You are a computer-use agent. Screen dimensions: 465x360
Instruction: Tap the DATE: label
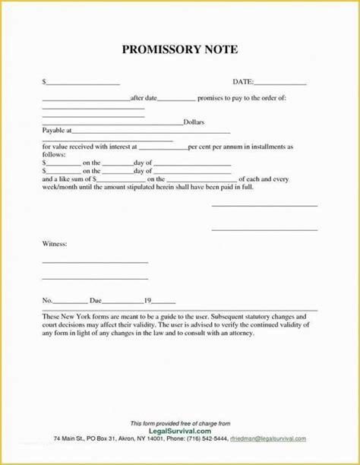242,81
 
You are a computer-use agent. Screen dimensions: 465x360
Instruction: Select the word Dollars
194,122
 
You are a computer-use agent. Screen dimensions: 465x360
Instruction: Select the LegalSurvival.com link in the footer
180,429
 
